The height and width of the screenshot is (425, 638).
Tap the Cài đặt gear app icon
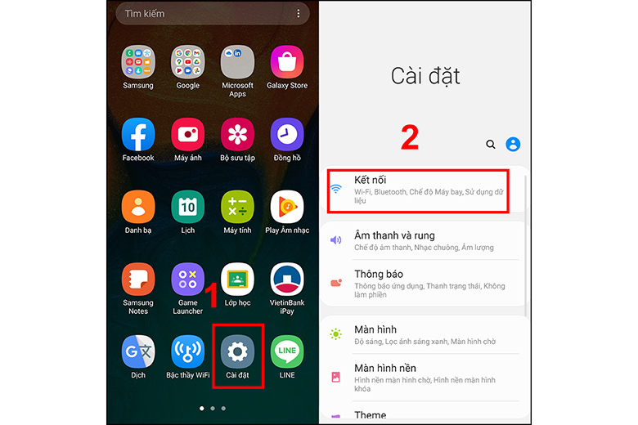click(237, 351)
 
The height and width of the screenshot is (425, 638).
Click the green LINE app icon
click(287, 351)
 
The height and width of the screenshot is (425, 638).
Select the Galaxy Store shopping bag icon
click(287, 62)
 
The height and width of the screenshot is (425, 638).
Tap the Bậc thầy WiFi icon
click(187, 351)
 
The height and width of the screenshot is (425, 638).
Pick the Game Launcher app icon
click(187, 280)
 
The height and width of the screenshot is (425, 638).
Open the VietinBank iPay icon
click(287, 280)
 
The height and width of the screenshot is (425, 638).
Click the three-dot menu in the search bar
click(299, 14)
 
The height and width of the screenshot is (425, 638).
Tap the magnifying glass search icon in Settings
click(491, 145)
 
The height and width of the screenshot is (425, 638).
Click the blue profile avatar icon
click(513, 145)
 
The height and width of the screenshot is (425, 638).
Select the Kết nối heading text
click(371, 179)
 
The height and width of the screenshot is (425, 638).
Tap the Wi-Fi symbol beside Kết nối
click(335, 189)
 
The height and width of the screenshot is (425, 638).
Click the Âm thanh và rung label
click(394, 235)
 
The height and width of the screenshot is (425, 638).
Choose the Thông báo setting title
click(379, 274)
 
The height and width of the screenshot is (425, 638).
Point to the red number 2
click(409, 137)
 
